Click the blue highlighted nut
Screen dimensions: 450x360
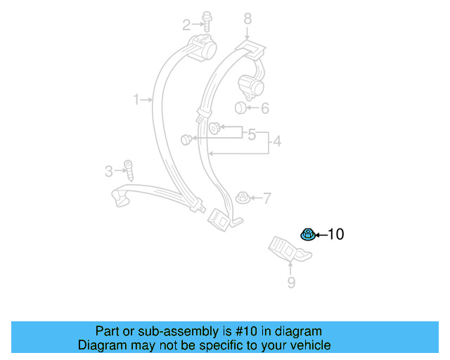tap(307, 233)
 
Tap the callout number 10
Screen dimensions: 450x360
tap(336, 234)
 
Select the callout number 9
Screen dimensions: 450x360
tap(291, 283)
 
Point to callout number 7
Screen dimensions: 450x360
tap(266, 198)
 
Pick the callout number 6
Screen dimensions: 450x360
tap(265, 108)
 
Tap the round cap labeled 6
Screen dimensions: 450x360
tap(240, 108)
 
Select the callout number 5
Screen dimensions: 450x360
tap(251, 134)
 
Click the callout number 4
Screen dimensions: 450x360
tap(277, 142)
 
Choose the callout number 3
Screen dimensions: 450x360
tap(109, 170)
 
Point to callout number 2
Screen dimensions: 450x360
tap(186, 25)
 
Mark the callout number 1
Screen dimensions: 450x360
tap(137, 100)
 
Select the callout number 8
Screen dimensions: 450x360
tap(247, 18)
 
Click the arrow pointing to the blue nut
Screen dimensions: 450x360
tap(320, 234)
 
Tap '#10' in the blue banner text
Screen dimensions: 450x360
tap(239, 331)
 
